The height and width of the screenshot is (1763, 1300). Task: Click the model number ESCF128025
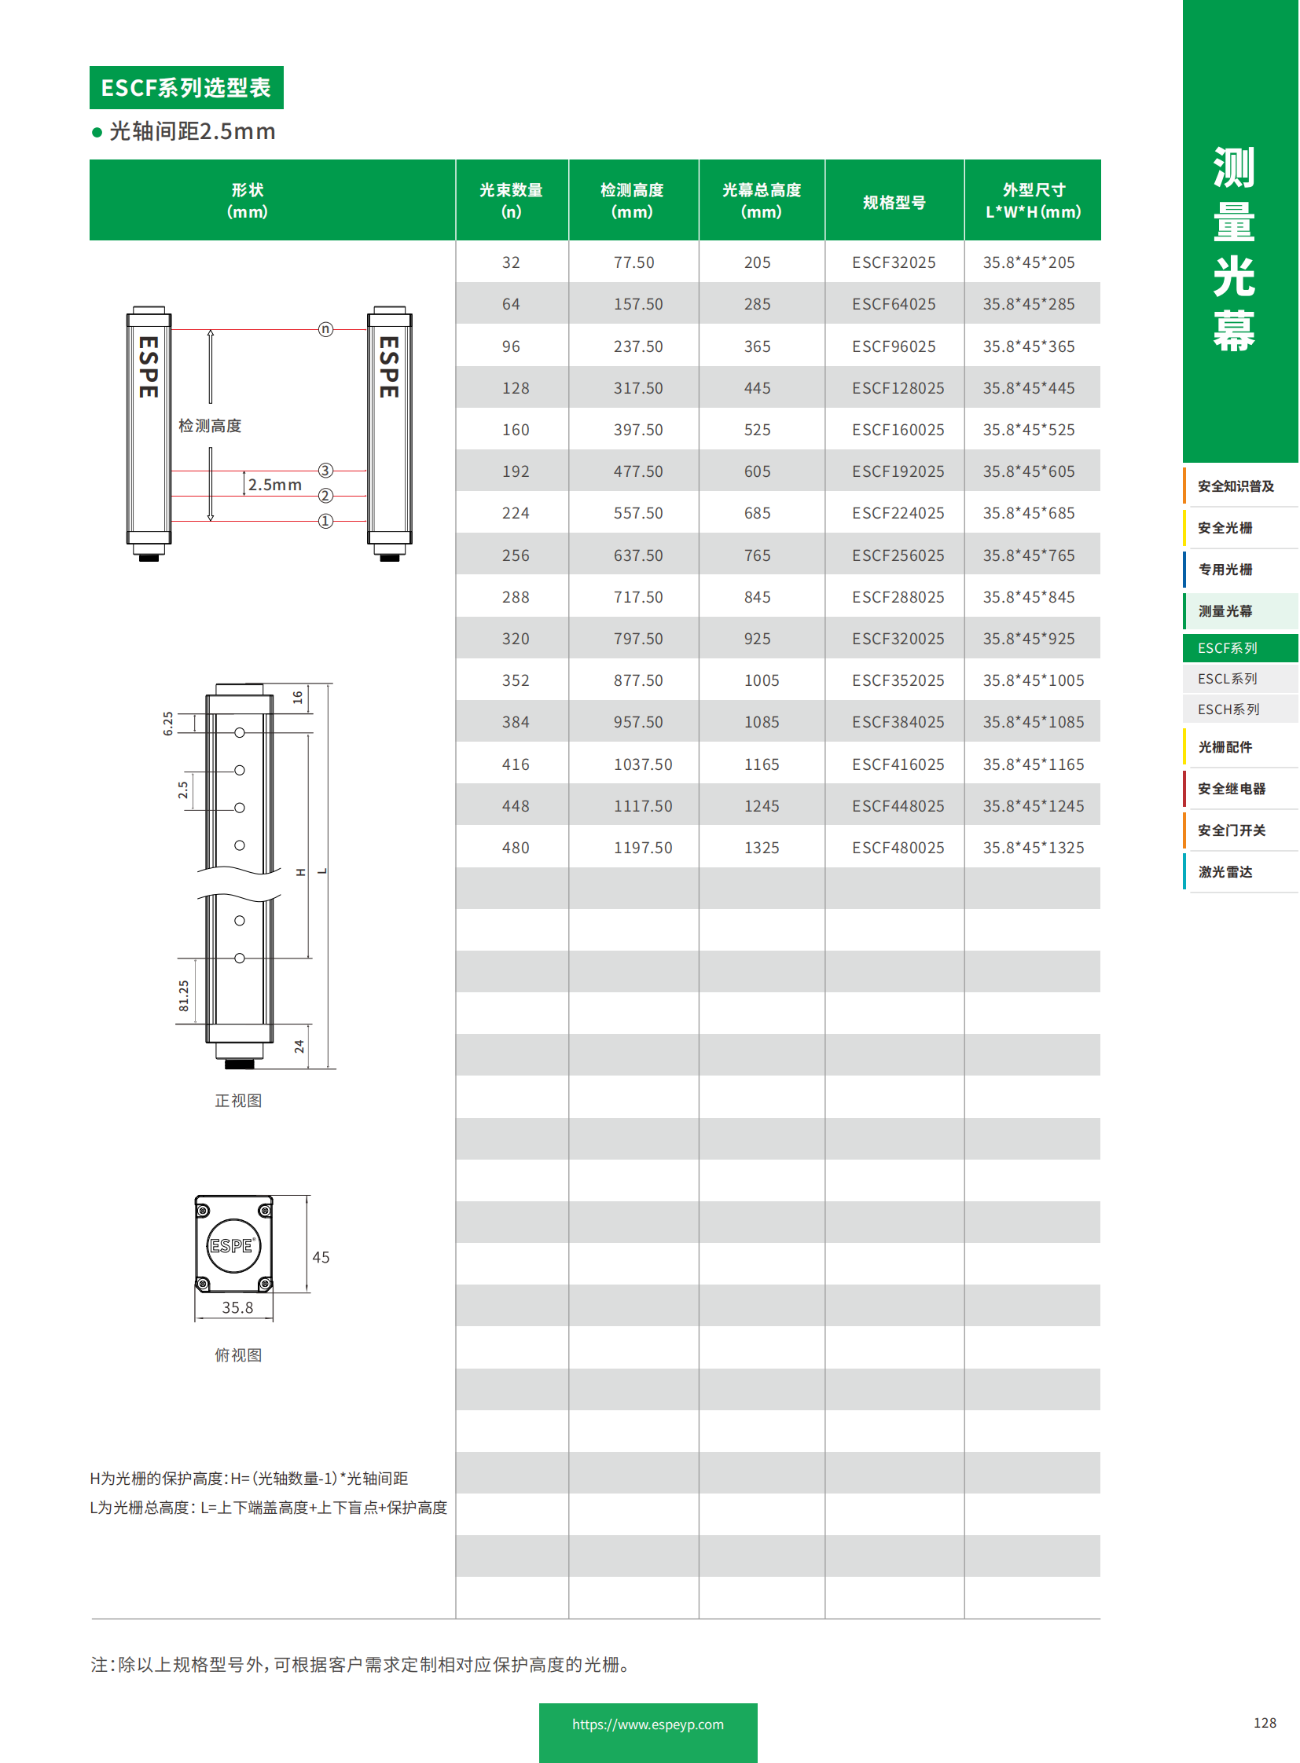click(x=897, y=388)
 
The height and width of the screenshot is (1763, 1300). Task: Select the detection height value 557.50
click(x=637, y=513)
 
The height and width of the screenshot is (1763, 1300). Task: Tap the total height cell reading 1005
click(x=761, y=680)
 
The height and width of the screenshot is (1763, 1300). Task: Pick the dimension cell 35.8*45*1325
click(x=1033, y=847)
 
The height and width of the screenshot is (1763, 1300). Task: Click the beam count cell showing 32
click(x=511, y=262)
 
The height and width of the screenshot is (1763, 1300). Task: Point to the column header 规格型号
click(x=894, y=202)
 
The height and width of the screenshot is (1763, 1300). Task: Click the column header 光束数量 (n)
click(x=511, y=200)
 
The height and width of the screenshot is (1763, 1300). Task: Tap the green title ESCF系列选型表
click(x=185, y=87)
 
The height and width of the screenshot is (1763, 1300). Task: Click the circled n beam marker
click(x=325, y=329)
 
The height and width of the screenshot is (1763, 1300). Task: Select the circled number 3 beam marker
click(x=325, y=470)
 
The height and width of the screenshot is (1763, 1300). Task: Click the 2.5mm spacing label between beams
click(x=274, y=485)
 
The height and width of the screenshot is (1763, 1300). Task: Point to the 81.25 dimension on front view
click(x=183, y=995)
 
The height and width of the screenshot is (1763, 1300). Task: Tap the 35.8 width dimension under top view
click(x=237, y=1307)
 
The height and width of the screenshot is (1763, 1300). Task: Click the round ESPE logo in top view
click(x=232, y=1245)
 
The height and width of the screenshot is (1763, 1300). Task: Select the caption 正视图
click(x=238, y=1101)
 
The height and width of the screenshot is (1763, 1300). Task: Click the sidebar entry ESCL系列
click(x=1227, y=678)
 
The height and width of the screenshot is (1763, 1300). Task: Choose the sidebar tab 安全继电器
click(x=1231, y=788)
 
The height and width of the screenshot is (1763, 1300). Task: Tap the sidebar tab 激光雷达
click(x=1225, y=871)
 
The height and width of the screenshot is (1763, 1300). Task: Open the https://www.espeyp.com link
click(x=648, y=1725)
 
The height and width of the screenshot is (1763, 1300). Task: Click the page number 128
click(x=1264, y=1723)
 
